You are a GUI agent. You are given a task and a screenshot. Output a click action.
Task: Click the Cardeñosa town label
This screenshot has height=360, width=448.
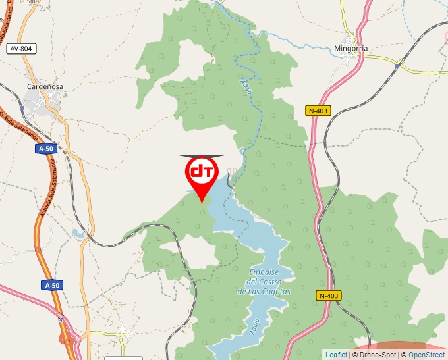(45, 86)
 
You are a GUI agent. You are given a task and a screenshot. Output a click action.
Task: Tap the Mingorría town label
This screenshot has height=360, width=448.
(351, 49)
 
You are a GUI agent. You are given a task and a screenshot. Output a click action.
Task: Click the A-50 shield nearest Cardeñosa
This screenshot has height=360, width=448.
(46, 149)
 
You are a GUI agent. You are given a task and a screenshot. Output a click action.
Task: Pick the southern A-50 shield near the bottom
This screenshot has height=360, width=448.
(52, 285)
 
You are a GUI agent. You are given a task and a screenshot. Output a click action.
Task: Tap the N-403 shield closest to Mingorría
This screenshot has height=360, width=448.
(318, 111)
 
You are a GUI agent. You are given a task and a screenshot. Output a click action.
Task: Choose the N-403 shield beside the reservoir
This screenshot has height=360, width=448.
(327, 296)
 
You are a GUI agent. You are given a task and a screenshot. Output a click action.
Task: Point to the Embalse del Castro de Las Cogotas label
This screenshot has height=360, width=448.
(264, 282)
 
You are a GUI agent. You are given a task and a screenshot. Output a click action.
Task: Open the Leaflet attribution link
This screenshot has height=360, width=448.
(336, 355)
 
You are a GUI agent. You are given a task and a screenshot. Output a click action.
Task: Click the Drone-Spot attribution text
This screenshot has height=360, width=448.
(376, 355)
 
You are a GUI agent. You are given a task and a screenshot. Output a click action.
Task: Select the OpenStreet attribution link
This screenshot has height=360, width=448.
(426, 355)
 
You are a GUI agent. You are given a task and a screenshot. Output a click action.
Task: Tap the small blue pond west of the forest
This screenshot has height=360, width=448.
(79, 233)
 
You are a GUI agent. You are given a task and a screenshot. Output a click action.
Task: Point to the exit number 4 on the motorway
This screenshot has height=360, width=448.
(60, 320)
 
